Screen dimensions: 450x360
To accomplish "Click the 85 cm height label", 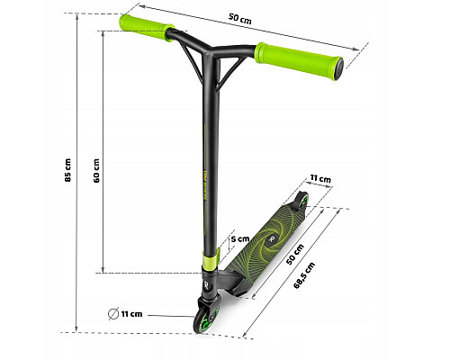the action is click(x=68, y=170).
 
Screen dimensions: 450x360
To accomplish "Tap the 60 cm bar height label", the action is click(x=96, y=171).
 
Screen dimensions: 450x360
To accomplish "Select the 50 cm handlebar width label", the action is click(x=239, y=19).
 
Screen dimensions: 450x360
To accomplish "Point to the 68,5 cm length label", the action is click(x=304, y=275).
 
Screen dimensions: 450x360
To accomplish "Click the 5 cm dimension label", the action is click(x=240, y=239).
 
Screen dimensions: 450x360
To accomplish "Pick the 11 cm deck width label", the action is click(x=320, y=179).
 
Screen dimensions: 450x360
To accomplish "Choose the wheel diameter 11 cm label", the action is click(x=131, y=314).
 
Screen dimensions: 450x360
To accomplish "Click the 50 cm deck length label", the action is click(x=295, y=255).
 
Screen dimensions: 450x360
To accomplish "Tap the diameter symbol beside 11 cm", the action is click(x=113, y=314).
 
